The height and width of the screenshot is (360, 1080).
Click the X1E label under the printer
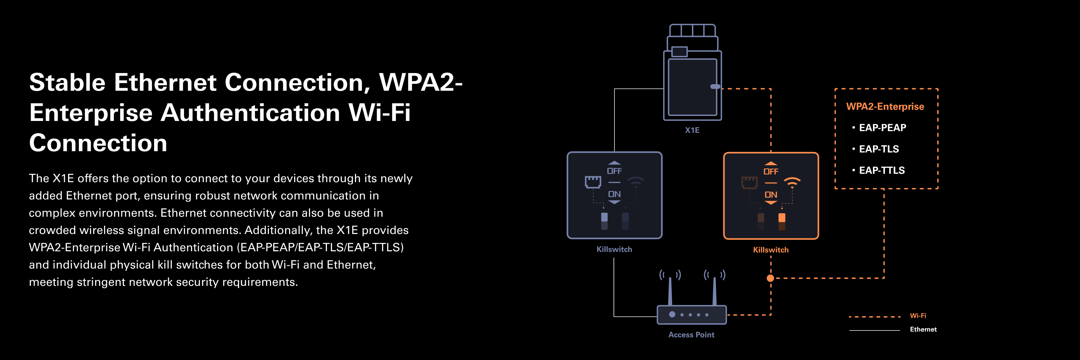[x=692, y=130]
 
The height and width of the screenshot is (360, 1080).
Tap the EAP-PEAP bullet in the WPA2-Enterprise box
[x=882, y=128]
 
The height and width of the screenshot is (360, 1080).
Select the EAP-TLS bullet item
[x=879, y=149]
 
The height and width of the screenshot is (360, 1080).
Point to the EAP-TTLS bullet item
[x=882, y=171]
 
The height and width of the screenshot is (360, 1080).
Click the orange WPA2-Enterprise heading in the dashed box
[x=885, y=107]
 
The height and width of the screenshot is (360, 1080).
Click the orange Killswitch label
[x=771, y=250]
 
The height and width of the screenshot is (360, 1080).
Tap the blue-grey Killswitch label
[x=614, y=249]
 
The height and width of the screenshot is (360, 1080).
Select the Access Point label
[x=691, y=335]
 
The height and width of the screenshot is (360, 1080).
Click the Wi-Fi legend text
[x=918, y=316]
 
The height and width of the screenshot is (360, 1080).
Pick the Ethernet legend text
[x=923, y=329]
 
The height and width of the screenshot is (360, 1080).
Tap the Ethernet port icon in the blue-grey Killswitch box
[x=593, y=182]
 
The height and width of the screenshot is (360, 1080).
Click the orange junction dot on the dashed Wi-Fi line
[x=770, y=278]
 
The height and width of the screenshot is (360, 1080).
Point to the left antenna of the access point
[x=670, y=290]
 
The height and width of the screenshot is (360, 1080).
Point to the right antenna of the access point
[x=714, y=290]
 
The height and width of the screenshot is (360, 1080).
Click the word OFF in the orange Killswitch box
[x=771, y=171]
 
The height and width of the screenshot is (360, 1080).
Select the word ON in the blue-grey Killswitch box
[x=614, y=194]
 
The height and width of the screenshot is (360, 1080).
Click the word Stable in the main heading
[x=67, y=82]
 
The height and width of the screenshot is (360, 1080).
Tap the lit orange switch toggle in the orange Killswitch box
[x=782, y=218]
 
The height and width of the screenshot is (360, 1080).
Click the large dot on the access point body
[x=672, y=314]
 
